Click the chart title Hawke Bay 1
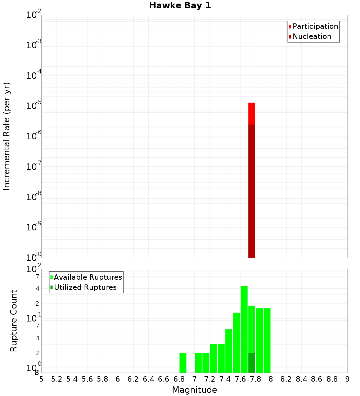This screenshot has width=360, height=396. pyautogui.click(x=180, y=5)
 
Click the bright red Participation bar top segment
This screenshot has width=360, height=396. pyautogui.click(x=252, y=113)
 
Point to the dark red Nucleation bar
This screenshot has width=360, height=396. pyautogui.click(x=252, y=191)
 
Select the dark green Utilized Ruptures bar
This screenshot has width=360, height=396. pyautogui.click(x=252, y=363)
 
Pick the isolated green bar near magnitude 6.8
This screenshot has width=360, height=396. pyautogui.click(x=183, y=363)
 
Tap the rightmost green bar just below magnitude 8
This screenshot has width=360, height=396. pyautogui.click(x=267, y=340)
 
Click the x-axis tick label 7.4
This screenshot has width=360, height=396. pyautogui.click(x=225, y=379)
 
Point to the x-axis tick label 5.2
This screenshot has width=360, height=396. pyautogui.click(x=57, y=379)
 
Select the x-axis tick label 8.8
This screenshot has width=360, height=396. pyautogui.click(x=332, y=379)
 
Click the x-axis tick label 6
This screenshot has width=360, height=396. pyautogui.click(x=118, y=379)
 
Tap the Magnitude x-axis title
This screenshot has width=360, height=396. pyautogui.click(x=194, y=390)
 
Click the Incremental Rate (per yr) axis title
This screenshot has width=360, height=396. pyautogui.click(x=7, y=136)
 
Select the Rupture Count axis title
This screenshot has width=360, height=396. pyautogui.click(x=14, y=320)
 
